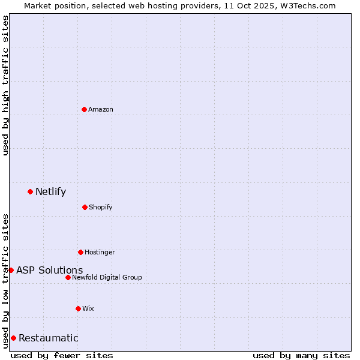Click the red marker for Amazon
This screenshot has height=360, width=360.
coord(84,109)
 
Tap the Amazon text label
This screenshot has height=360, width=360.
coord(101,109)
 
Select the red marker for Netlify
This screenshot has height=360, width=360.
coord(30,191)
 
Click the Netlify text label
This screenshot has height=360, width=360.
coord(51,192)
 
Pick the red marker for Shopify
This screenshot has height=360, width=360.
coord(85,207)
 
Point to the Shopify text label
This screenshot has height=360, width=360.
coord(101,208)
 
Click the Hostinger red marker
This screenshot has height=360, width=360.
coord(80,252)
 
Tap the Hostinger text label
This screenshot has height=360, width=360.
coord(100,252)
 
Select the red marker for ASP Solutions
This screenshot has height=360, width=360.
coord(11,270)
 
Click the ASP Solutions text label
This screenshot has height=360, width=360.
coord(50,270)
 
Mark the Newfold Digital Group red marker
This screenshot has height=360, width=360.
coord(68,277)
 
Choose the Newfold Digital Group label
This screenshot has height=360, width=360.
coord(107,277)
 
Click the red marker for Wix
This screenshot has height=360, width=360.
coord(78,308)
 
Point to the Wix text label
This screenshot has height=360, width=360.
coord(88,308)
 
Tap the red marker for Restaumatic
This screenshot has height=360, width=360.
coord(13,338)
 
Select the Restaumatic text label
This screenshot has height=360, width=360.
coord(49,338)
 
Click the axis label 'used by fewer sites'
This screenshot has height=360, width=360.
coord(62,355)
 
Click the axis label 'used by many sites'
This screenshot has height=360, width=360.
coord(301,355)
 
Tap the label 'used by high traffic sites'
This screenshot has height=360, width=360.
coord(5,85)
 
